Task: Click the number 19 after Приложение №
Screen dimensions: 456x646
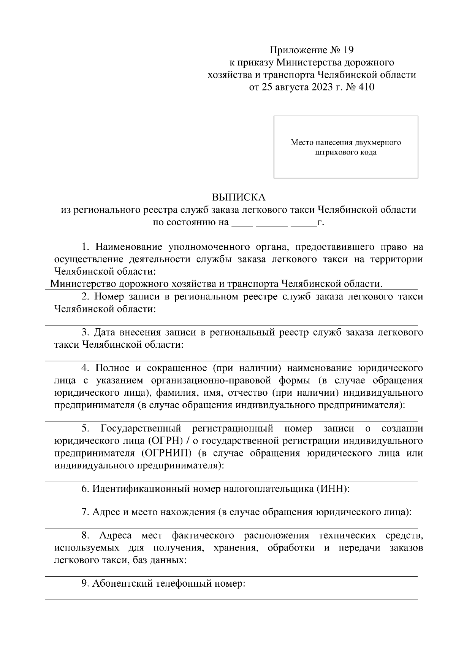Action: pos(348,50)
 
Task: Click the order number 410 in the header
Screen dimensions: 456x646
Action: pos(366,87)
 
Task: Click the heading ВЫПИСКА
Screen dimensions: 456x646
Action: pos(239,197)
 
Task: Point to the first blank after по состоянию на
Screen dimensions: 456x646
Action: pos(242,223)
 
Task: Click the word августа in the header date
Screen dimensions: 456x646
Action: pos(291,87)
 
